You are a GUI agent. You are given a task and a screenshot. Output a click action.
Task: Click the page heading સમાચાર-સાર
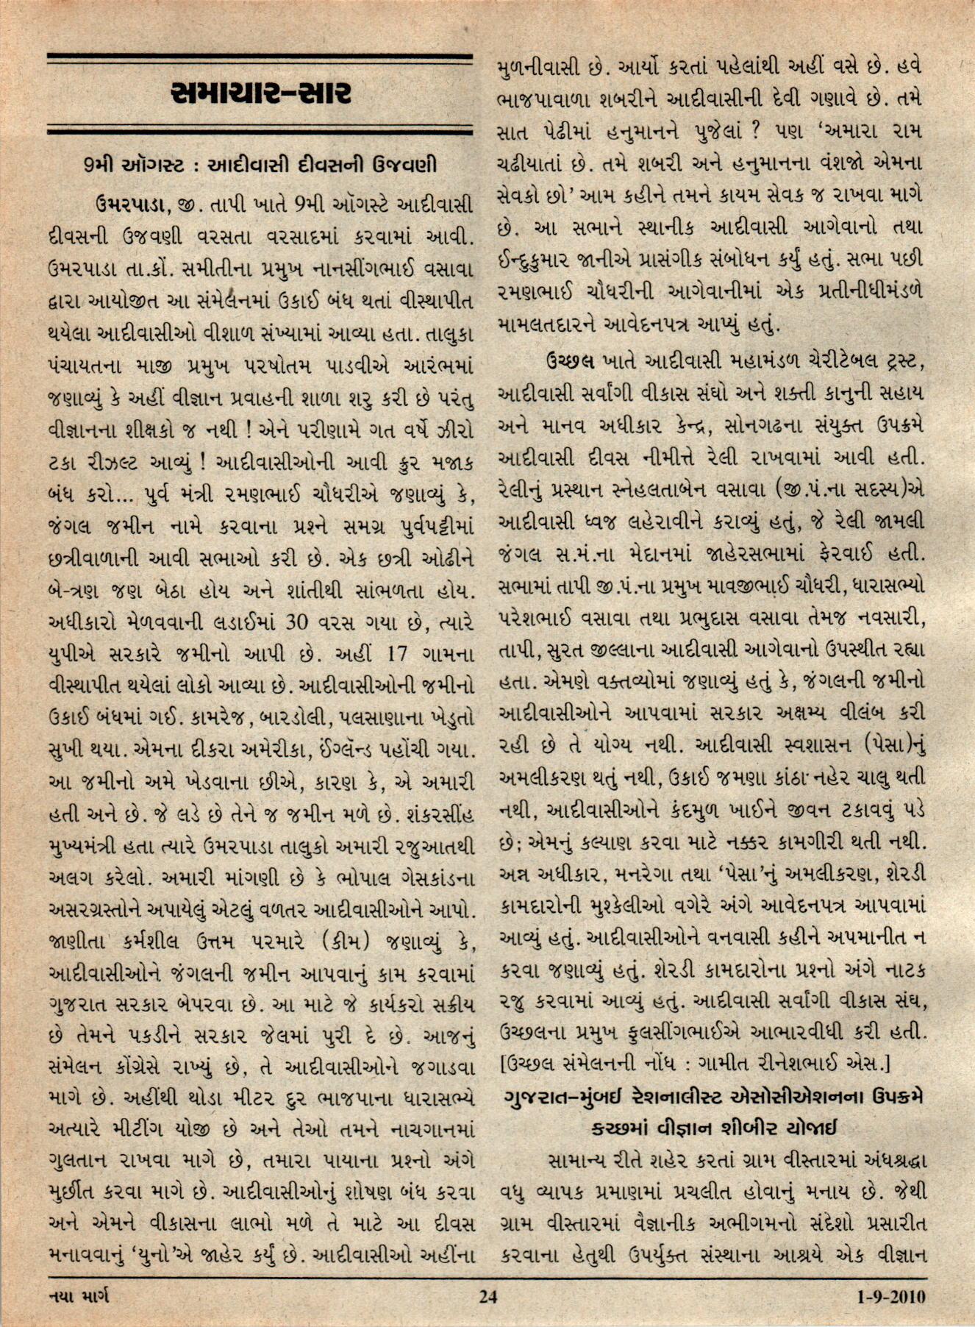260,93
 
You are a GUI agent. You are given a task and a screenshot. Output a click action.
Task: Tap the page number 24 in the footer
488,1296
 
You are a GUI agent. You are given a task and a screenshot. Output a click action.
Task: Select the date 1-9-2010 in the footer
890,1296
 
